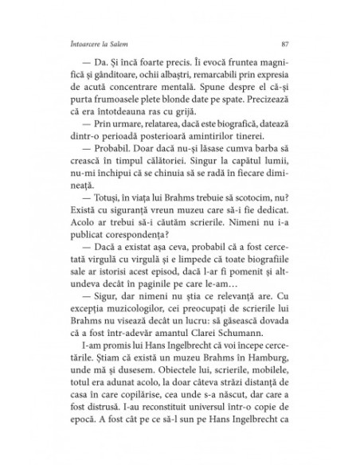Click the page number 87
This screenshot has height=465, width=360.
pyautogui.click(x=284, y=43)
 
